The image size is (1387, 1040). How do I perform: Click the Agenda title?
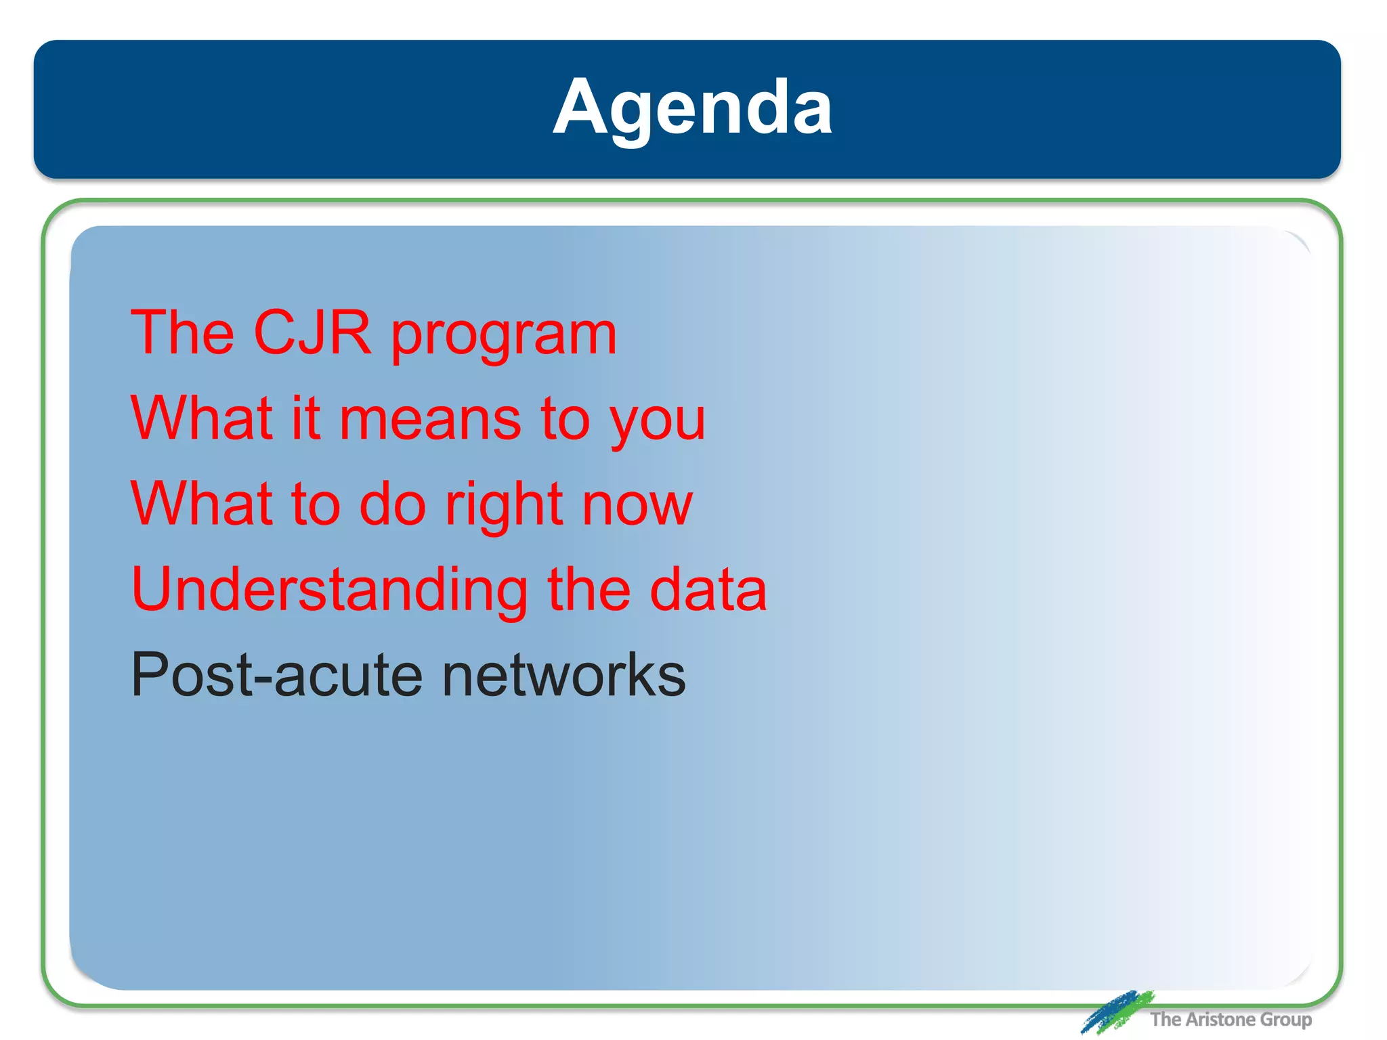(692, 108)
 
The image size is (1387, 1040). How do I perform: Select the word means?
(431, 419)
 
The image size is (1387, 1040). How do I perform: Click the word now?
(637, 505)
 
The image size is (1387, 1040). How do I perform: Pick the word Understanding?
(329, 590)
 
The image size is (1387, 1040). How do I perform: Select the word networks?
(563, 674)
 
